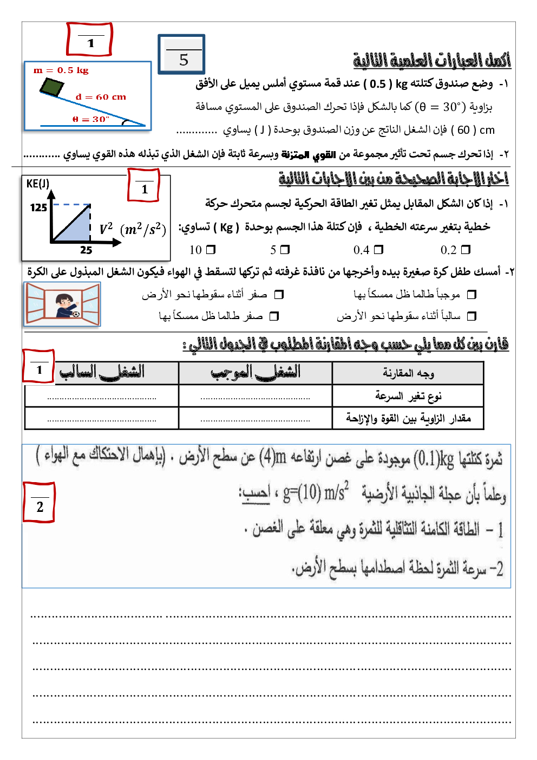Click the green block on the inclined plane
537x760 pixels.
tap(52, 87)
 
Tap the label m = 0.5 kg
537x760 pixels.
tap(61, 70)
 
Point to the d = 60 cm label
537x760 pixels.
tap(101, 97)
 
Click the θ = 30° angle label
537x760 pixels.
tap(90, 119)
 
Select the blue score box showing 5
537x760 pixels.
tap(182, 55)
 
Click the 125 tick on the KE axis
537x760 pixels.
tap(38, 207)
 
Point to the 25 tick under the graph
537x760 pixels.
tap(86, 250)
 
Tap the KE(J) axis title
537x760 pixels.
tap(38, 184)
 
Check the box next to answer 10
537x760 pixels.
tap(211, 250)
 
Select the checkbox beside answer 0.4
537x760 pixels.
tap(378, 250)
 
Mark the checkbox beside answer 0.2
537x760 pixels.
tap(466, 250)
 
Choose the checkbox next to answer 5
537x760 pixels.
tap(285, 250)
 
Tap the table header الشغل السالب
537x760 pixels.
tap(102, 373)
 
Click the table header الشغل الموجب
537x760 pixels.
tap(255, 373)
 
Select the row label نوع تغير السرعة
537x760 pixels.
tap(408, 396)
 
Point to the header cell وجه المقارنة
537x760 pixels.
tap(408, 373)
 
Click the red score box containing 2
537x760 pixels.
tap(39, 503)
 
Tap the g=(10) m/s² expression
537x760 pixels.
tap(316, 492)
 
